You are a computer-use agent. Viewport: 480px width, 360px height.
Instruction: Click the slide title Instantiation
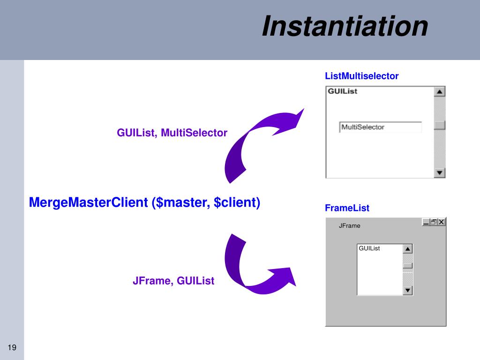coord(345,26)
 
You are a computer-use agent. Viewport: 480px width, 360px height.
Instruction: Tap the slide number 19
coord(12,347)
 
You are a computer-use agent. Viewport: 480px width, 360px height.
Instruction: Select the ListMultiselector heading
coord(361,76)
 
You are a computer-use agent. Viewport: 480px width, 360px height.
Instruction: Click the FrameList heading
coord(347,208)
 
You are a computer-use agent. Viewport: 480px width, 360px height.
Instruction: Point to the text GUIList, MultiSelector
coord(172,133)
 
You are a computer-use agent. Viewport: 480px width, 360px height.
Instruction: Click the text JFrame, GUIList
coord(173,281)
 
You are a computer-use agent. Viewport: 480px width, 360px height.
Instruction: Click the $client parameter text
coord(236,202)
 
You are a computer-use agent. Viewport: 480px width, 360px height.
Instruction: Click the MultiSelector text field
coord(380,127)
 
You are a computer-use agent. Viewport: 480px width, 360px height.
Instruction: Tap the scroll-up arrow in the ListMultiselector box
coord(439,92)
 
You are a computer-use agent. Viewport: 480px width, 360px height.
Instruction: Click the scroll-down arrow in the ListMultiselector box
coord(439,173)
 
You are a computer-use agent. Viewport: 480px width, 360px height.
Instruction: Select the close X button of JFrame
coord(442,222)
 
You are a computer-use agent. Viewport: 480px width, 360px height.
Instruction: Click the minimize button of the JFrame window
coord(426,222)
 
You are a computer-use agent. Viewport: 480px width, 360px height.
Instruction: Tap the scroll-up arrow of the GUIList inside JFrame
coord(408,249)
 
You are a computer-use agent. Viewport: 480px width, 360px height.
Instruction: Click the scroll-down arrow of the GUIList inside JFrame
coord(408,291)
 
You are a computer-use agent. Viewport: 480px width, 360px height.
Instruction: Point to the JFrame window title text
coord(350,226)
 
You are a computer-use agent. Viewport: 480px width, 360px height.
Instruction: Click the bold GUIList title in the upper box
coord(342,91)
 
